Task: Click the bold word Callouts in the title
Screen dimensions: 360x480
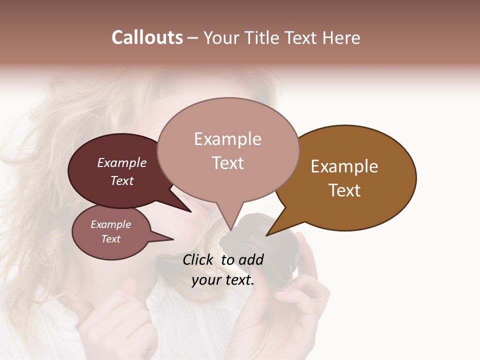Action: tap(147, 37)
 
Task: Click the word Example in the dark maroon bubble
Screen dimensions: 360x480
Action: tap(122, 162)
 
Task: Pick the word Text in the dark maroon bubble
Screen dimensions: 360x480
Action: tap(122, 180)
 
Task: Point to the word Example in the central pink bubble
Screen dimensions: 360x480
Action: tap(227, 139)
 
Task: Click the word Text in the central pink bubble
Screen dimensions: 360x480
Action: tap(227, 163)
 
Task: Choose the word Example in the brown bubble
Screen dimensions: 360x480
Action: tap(344, 166)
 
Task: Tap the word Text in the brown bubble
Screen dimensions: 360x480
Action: tap(344, 190)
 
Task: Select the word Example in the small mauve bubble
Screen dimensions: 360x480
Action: tap(111, 224)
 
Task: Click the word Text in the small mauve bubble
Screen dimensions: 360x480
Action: tap(111, 239)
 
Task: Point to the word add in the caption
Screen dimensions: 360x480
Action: tap(251, 259)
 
